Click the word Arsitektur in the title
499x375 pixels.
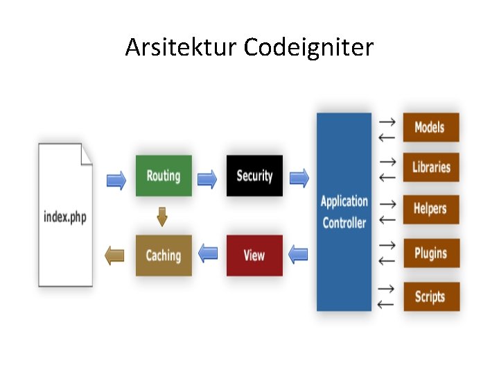click(x=181, y=48)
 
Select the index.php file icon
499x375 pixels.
click(x=66, y=215)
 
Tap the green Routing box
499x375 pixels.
click(x=164, y=176)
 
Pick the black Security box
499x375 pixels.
click(x=254, y=176)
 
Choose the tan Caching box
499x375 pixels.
click(x=164, y=256)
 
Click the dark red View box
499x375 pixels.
click(x=254, y=256)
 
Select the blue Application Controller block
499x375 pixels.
click(x=344, y=212)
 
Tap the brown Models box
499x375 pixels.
click(x=430, y=127)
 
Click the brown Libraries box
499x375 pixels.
click(x=430, y=167)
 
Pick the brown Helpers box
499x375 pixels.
click(x=430, y=208)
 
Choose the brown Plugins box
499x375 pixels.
click(x=430, y=253)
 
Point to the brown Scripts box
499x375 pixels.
click(x=430, y=297)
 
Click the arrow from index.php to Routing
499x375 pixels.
click(x=116, y=181)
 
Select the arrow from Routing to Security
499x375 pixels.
click(x=207, y=181)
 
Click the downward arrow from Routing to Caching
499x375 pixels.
click(x=162, y=217)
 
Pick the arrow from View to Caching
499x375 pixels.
click(x=208, y=253)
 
